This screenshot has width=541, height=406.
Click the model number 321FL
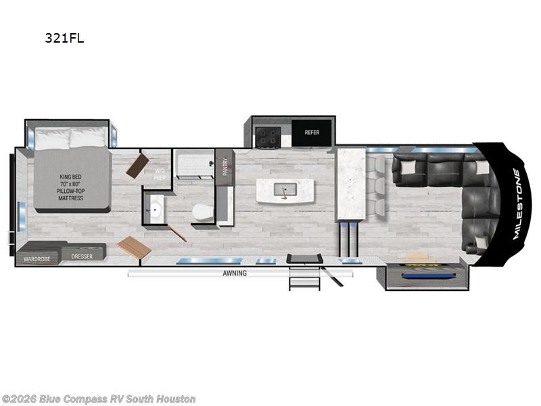(64, 38)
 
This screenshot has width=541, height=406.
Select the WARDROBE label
(37, 258)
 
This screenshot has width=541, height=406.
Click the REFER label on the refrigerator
(311, 133)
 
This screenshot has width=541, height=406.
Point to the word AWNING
(235, 273)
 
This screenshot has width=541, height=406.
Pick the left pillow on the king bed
(52, 139)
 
